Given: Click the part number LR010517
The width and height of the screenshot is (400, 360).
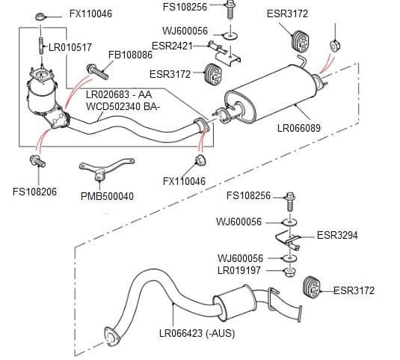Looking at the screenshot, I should (70, 47).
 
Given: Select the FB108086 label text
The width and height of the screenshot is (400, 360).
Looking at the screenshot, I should (131, 55).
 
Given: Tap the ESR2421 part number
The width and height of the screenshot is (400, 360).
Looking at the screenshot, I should (171, 46).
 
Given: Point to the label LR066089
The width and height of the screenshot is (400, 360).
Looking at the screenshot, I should (298, 128).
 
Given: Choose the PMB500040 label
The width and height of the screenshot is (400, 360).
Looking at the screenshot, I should (107, 197).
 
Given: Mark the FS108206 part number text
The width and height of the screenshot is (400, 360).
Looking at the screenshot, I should (34, 192).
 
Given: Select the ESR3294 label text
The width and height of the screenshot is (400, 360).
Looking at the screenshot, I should (337, 235).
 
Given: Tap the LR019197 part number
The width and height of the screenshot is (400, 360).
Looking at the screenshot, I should (239, 269).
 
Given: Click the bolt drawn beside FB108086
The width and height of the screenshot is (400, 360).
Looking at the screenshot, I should (98, 72).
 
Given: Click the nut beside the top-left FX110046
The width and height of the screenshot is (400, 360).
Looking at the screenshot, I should (43, 14).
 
